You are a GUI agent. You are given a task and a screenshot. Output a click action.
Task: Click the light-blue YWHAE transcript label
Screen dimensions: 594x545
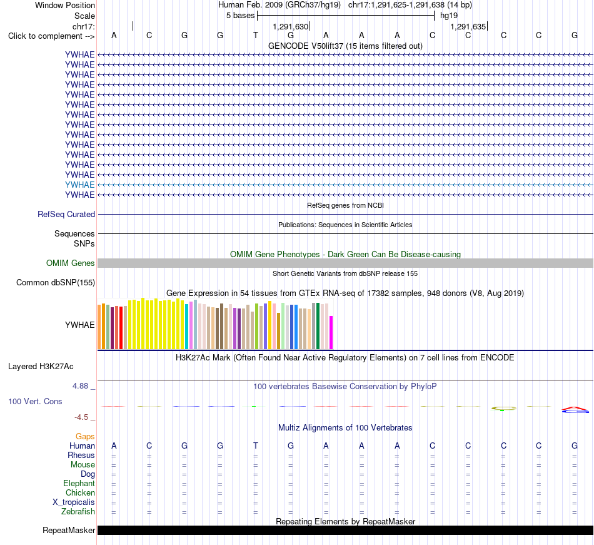79,185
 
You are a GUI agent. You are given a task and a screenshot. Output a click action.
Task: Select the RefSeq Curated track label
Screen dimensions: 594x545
66,215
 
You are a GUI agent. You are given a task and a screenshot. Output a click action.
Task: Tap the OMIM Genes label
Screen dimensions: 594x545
71,263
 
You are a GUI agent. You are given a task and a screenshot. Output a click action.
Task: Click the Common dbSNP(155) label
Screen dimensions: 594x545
56,283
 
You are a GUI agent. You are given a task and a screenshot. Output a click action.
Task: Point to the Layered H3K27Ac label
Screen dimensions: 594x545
41,367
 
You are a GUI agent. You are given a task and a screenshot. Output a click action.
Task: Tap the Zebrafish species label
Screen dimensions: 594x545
78,512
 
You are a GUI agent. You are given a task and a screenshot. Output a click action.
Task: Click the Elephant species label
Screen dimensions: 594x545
79,484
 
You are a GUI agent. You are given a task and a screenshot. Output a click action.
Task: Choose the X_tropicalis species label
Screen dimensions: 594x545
74,502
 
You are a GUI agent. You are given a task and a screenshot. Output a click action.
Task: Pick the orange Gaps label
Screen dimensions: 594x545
85,437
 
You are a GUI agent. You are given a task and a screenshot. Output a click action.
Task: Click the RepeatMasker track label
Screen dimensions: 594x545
69,530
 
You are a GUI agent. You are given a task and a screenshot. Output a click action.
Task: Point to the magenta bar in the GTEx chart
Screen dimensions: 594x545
331,332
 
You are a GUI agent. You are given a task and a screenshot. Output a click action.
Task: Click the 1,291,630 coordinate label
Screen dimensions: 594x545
291,26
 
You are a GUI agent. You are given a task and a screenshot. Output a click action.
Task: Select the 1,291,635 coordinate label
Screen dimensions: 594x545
468,26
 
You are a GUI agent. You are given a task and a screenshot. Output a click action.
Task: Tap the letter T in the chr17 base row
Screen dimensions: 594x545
256,36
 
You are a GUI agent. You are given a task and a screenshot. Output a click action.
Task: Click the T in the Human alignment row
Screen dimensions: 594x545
256,446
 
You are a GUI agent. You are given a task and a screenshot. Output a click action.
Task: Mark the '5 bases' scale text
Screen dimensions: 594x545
241,16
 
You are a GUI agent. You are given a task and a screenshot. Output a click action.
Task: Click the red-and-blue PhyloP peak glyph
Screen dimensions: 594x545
575,409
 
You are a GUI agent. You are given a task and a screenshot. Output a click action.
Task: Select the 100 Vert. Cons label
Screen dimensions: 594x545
35,401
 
